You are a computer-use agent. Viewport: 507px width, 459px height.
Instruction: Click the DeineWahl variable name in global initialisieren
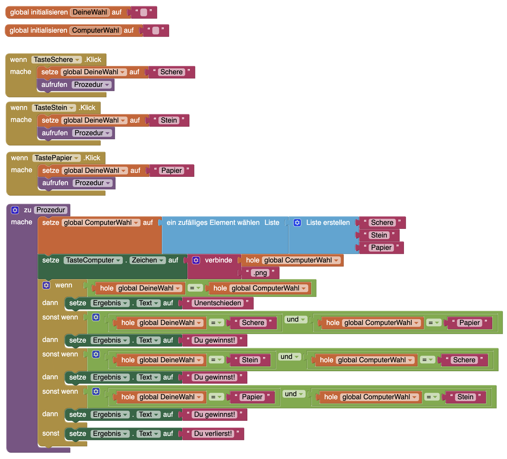(x=90, y=12)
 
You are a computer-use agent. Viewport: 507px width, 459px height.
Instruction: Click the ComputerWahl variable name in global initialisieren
(x=95, y=30)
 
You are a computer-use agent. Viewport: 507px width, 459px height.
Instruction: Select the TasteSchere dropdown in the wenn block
(x=56, y=60)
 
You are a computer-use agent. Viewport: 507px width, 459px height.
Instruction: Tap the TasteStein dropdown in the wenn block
(x=54, y=108)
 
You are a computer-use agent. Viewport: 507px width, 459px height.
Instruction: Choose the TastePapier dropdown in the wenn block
(x=56, y=158)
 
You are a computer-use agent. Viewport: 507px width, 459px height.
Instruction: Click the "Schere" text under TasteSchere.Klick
(x=171, y=72)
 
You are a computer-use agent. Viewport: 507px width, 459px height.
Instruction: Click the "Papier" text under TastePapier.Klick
(x=171, y=171)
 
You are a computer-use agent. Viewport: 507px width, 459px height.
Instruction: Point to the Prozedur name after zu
(x=51, y=210)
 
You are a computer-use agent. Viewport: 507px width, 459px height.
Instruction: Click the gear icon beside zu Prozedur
(x=15, y=210)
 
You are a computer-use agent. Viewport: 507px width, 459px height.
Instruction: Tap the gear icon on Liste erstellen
(x=297, y=223)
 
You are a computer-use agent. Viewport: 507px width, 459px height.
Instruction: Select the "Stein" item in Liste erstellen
(x=379, y=235)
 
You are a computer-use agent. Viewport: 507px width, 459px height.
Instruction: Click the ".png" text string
(x=260, y=273)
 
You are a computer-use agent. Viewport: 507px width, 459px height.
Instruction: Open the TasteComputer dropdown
(x=93, y=260)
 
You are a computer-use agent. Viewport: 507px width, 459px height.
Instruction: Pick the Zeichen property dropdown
(x=147, y=260)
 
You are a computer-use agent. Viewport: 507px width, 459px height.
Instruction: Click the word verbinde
(x=218, y=260)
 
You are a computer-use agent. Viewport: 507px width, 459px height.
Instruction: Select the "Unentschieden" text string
(x=218, y=303)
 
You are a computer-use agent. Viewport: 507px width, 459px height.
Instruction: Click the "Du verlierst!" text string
(x=213, y=434)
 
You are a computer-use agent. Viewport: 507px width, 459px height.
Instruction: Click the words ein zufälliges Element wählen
(x=213, y=223)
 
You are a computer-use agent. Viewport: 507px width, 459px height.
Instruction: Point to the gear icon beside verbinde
(x=196, y=260)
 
